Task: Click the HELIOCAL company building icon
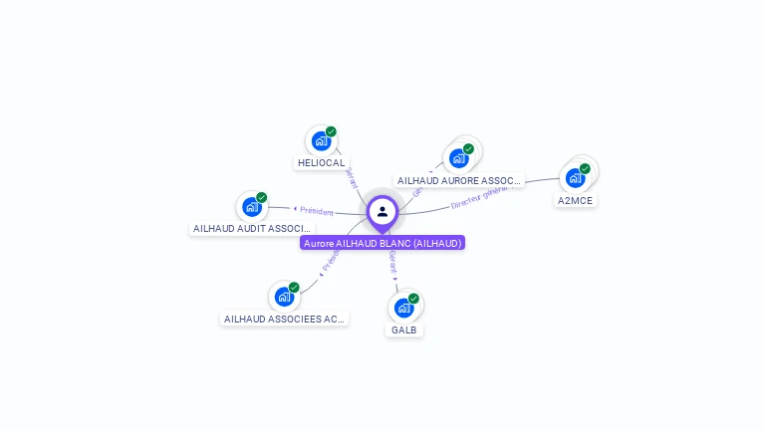pyautogui.click(x=320, y=140)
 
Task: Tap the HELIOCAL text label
pyautogui.click(x=321, y=162)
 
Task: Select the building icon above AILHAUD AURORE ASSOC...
pyautogui.click(x=458, y=157)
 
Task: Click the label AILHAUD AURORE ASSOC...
pyautogui.click(x=458, y=181)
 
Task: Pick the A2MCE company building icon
pyautogui.click(x=575, y=178)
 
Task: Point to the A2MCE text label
pyautogui.click(x=575, y=200)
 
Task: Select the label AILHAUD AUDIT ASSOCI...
pyautogui.click(x=251, y=228)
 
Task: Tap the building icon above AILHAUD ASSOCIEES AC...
pyautogui.click(x=283, y=297)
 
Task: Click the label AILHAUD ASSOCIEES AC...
pyautogui.click(x=284, y=319)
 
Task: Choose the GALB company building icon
pyautogui.click(x=403, y=308)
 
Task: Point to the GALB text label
pyautogui.click(x=404, y=329)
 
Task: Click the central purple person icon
pyautogui.click(x=382, y=211)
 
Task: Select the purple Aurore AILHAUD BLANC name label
pyautogui.click(x=382, y=243)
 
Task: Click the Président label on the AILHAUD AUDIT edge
pyautogui.click(x=316, y=210)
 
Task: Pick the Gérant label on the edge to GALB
pyautogui.click(x=392, y=263)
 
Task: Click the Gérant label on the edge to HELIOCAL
pyautogui.click(x=352, y=177)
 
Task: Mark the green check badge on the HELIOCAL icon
pyautogui.click(x=331, y=131)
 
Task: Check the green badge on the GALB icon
pyautogui.click(x=413, y=299)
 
